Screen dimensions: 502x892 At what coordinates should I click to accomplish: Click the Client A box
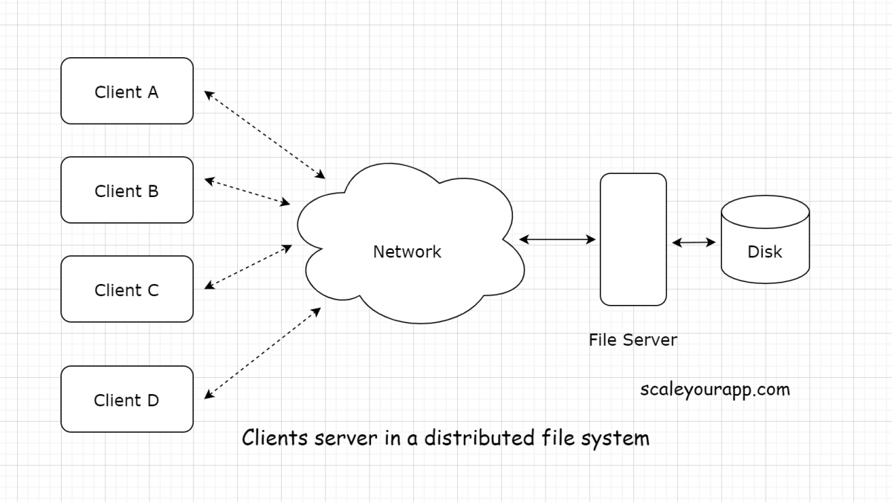tap(126, 91)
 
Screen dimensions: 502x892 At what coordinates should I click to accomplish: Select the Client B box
tap(126, 190)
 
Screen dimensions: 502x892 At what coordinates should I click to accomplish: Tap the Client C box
tap(126, 289)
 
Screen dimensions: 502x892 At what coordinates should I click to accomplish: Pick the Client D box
tap(126, 399)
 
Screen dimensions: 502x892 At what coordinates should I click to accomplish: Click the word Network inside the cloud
tap(407, 252)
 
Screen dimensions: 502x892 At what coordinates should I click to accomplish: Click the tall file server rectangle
tap(633, 239)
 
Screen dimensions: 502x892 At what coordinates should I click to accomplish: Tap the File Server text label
tap(633, 340)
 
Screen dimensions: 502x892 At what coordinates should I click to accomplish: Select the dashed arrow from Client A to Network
tap(265, 135)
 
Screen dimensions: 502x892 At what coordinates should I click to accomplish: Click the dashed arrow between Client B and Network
tap(247, 191)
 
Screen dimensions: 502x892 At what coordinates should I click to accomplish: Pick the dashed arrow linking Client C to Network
tap(248, 266)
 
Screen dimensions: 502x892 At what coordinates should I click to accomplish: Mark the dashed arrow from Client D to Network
tap(262, 353)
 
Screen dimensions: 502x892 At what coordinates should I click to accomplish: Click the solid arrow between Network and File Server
tap(557, 239)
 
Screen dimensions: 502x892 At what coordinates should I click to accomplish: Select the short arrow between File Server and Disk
tap(694, 242)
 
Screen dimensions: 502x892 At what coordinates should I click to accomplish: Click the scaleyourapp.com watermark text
tap(714, 389)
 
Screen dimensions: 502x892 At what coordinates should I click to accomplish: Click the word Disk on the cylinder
tap(765, 252)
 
